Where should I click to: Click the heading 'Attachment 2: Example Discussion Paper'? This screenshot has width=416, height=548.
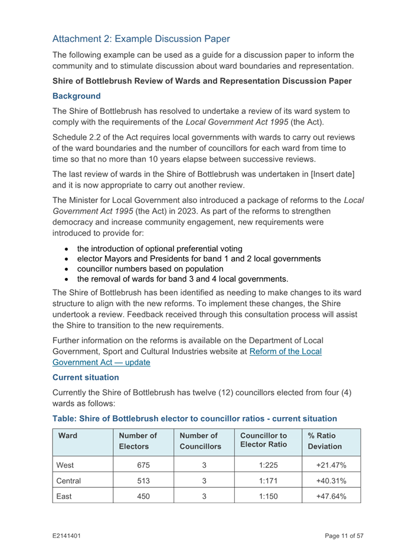(140, 39)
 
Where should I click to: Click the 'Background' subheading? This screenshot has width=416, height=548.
(76, 96)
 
